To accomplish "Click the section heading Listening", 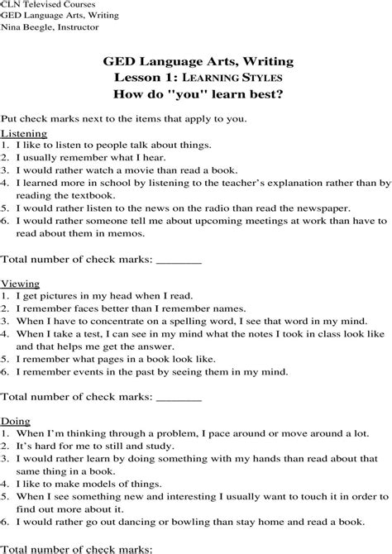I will coord(24,133).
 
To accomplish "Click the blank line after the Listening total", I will coord(179,260).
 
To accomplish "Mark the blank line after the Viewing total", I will coord(179,397).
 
